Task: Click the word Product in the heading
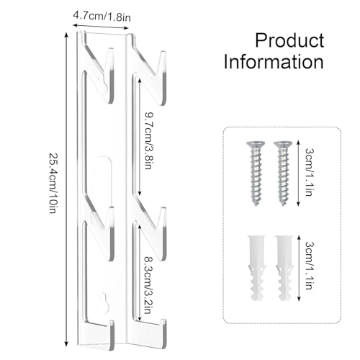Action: click(289, 40)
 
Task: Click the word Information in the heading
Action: click(274, 62)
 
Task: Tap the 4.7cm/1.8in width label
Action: click(102, 17)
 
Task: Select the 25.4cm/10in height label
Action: click(53, 183)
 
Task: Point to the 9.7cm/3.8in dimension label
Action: click(148, 140)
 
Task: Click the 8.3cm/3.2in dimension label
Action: click(148, 285)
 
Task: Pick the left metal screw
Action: click(256, 174)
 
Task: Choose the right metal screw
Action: click(283, 174)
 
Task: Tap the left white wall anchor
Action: click(256, 269)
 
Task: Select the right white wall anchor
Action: click(284, 269)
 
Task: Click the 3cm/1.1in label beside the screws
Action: click(310, 172)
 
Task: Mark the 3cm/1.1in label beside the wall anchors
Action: click(310, 266)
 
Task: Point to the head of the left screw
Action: click(256, 144)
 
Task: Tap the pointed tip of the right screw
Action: click(283, 205)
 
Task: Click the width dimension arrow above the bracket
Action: click(101, 27)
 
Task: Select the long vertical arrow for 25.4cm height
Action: click(66, 189)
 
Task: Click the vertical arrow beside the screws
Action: click(298, 174)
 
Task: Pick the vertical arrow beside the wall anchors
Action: click(299, 269)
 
